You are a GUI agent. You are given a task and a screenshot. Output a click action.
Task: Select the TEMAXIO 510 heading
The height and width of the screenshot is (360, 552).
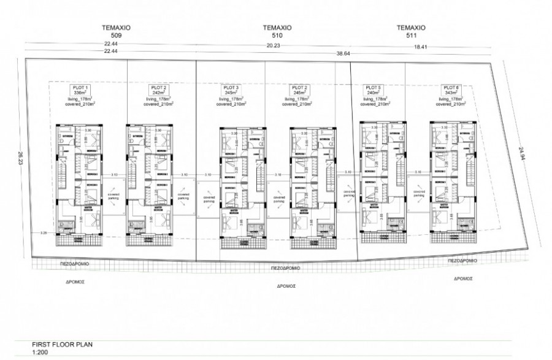276,31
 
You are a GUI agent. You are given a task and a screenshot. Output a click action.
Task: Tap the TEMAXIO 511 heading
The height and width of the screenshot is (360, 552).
411,31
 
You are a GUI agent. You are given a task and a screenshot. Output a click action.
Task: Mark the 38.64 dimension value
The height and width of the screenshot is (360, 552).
342,53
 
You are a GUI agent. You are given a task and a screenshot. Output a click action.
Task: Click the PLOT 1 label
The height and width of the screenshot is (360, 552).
81,88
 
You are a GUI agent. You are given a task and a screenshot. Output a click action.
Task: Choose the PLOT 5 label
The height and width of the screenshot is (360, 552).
373,88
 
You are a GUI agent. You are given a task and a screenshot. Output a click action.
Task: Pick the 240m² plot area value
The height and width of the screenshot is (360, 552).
373,93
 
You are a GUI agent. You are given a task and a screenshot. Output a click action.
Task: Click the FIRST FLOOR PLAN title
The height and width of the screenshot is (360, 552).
61,345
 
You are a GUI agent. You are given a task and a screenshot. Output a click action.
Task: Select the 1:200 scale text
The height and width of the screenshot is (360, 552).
40,353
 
